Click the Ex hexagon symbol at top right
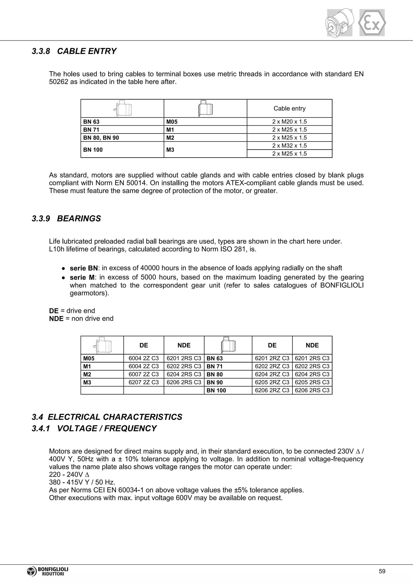coord(372,23)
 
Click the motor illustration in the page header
coord(340,23)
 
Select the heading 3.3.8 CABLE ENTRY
coord(74,51)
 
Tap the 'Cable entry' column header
coord(289,108)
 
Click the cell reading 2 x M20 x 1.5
coord(289,122)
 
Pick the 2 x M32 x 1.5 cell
coord(289,146)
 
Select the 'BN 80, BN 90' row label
coord(101,138)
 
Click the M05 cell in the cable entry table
coord(172,122)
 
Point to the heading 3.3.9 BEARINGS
coord(66,219)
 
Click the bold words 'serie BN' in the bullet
coord(84,268)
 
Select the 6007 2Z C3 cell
coord(144,374)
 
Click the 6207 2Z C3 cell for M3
coord(144,382)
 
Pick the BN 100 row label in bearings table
coord(216,390)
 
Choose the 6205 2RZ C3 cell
coord(272,382)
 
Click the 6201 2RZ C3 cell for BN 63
coord(272,358)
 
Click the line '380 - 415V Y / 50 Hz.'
coord(82,482)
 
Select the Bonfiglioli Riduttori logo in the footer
coord(48,571)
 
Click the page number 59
coord(382,571)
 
